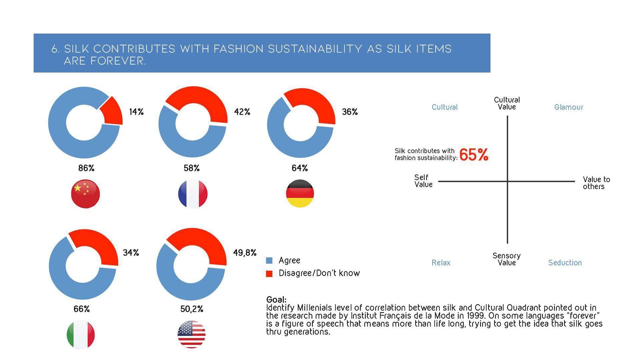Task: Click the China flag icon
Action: pyautogui.click(x=85, y=193)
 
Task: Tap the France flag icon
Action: pyautogui.click(x=193, y=194)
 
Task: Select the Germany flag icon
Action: pyautogui.click(x=300, y=193)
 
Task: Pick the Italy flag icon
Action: pyautogui.click(x=81, y=334)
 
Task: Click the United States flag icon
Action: pyautogui.click(x=191, y=334)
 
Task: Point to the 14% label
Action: pyautogui.click(x=136, y=112)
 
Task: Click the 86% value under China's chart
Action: pyautogui.click(x=86, y=168)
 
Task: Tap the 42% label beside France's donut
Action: pyautogui.click(x=242, y=112)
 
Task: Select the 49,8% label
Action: pyautogui.click(x=245, y=253)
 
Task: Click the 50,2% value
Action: pyautogui.click(x=192, y=309)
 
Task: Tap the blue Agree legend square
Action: pyautogui.click(x=269, y=260)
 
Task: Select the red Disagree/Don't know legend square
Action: pyautogui.click(x=269, y=274)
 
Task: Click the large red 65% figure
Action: pyautogui.click(x=474, y=155)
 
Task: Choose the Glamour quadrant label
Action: pyautogui.click(x=568, y=107)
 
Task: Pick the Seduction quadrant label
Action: pyautogui.click(x=565, y=263)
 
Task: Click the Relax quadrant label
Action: pyautogui.click(x=441, y=263)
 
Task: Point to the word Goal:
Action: pyautogui.click(x=276, y=299)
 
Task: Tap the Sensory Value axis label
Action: pyautogui.click(x=506, y=259)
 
